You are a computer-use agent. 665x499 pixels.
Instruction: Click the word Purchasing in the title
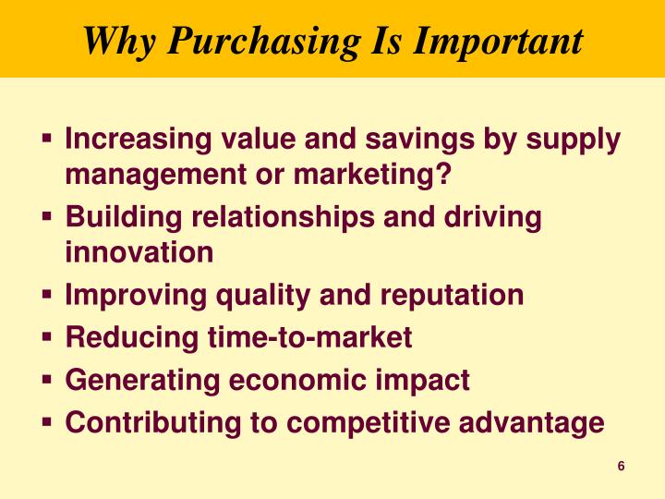[x=248, y=42]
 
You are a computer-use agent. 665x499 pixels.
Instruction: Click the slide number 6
[x=622, y=466]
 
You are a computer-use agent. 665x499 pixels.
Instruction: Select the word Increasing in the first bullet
[x=138, y=140]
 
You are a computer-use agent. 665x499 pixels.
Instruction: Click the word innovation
[x=139, y=251]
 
